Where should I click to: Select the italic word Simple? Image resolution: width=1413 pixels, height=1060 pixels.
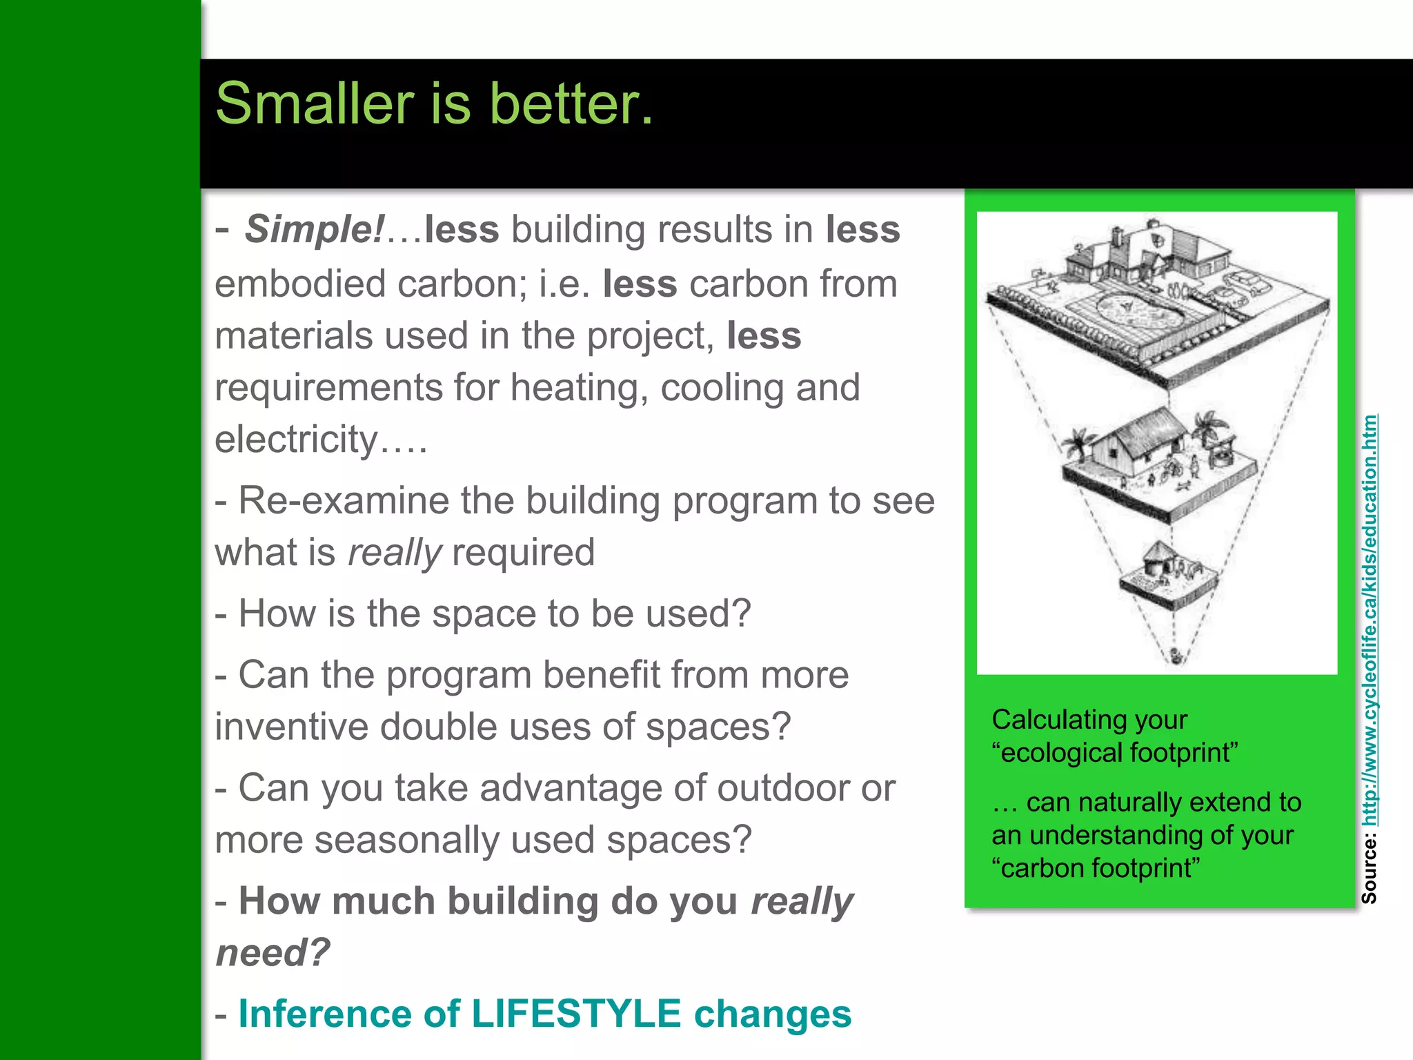[314, 229]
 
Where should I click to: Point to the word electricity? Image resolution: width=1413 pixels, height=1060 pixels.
[297, 439]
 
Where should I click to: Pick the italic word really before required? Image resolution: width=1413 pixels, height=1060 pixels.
[394, 553]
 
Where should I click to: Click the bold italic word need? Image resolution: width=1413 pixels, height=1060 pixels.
[273, 953]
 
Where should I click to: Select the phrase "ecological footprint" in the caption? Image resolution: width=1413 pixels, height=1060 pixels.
[1115, 753]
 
